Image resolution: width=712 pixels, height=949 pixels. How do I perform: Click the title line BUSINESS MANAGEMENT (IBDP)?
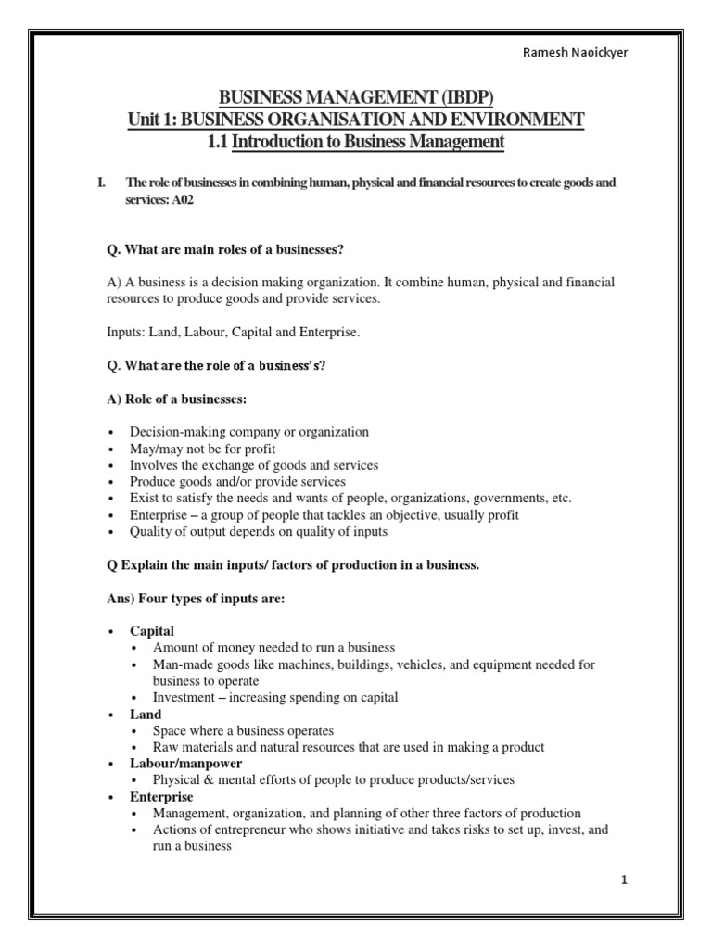pyautogui.click(x=355, y=97)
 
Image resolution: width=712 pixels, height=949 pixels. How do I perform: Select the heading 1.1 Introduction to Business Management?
pyautogui.click(x=356, y=142)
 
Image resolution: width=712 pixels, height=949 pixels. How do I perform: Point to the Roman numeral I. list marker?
pyautogui.click(x=102, y=183)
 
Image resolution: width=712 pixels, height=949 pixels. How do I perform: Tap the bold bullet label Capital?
pyautogui.click(x=152, y=630)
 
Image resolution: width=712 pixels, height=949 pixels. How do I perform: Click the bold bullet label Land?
pyautogui.click(x=146, y=714)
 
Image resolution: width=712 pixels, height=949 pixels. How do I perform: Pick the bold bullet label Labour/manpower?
pyautogui.click(x=185, y=763)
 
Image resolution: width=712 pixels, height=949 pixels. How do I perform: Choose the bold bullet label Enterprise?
pyautogui.click(x=161, y=796)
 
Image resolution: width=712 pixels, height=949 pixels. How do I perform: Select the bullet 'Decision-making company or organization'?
pyautogui.click(x=249, y=432)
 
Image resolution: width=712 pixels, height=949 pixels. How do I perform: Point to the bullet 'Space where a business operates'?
pyautogui.click(x=243, y=730)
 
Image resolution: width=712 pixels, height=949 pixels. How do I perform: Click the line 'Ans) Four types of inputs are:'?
pyautogui.click(x=195, y=599)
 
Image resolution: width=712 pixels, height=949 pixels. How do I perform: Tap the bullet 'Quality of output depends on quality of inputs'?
pyautogui.click(x=259, y=532)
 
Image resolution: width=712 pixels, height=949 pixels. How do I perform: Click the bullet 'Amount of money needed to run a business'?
pyautogui.click(x=274, y=647)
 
